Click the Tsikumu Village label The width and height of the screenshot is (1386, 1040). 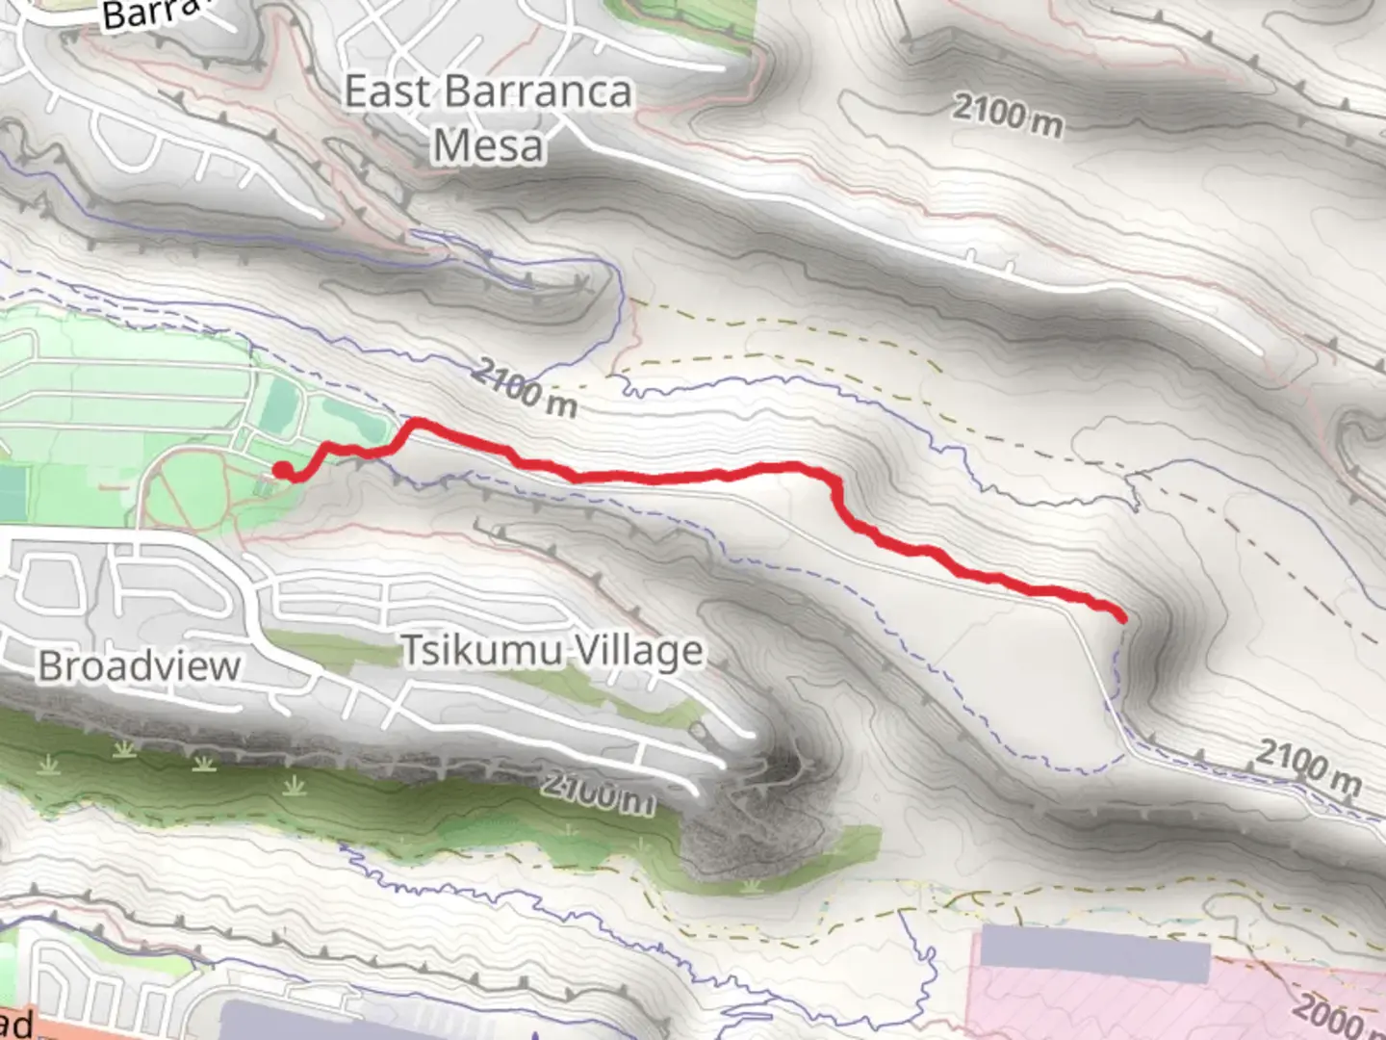pyautogui.click(x=552, y=652)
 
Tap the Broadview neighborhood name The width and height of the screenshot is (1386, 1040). pyautogui.click(x=139, y=665)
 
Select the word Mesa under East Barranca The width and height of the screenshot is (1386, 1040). pyautogui.click(x=488, y=146)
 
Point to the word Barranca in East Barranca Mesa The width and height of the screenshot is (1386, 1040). pyautogui.click(x=538, y=92)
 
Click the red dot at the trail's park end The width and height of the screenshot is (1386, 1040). pyautogui.click(x=283, y=470)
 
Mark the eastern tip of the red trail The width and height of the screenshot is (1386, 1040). pyautogui.click(x=1122, y=617)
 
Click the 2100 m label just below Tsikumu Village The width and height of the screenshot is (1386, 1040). pyautogui.click(x=597, y=793)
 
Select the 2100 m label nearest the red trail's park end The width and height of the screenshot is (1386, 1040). pyautogui.click(x=526, y=387)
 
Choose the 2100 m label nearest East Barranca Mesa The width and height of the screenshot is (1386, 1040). pyautogui.click(x=1008, y=116)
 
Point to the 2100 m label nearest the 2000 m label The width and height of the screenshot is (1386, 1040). pyautogui.click(x=1308, y=766)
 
